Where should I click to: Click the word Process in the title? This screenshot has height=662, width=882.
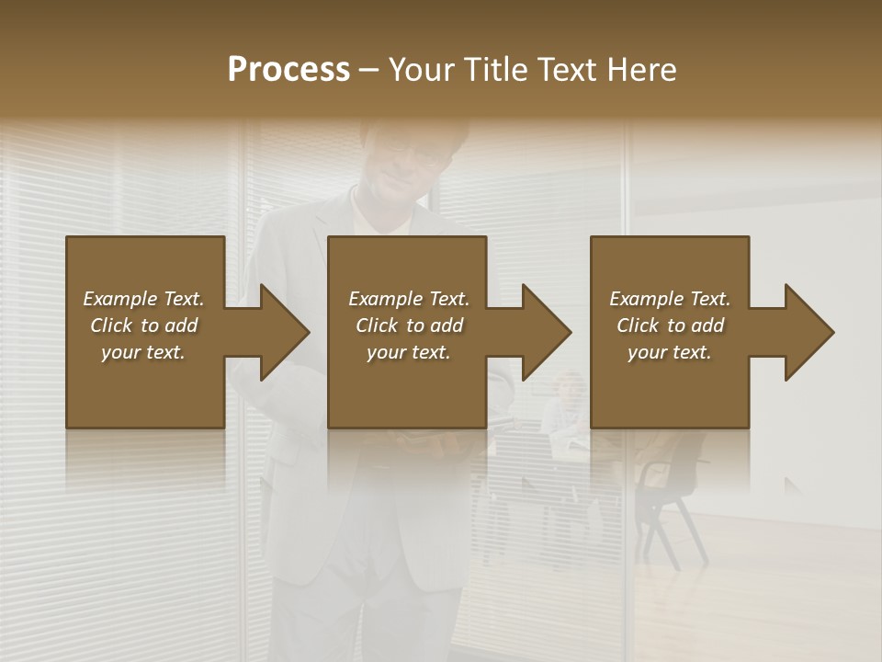click(x=288, y=70)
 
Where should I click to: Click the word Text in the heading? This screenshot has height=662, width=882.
click(x=568, y=70)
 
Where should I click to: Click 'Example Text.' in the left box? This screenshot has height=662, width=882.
click(x=143, y=299)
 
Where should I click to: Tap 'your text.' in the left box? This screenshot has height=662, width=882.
click(x=143, y=352)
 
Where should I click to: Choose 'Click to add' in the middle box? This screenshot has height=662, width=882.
click(x=409, y=325)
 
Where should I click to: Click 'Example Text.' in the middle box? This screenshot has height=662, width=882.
click(x=409, y=299)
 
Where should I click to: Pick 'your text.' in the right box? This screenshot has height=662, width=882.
click(x=670, y=352)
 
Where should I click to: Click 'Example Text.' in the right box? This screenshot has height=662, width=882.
click(x=670, y=299)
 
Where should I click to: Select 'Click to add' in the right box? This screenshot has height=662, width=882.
click(x=670, y=325)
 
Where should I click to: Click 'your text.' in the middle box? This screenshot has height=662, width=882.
click(x=409, y=352)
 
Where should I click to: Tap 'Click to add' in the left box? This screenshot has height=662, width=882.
click(x=143, y=325)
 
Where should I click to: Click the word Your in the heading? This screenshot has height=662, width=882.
click(x=424, y=70)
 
